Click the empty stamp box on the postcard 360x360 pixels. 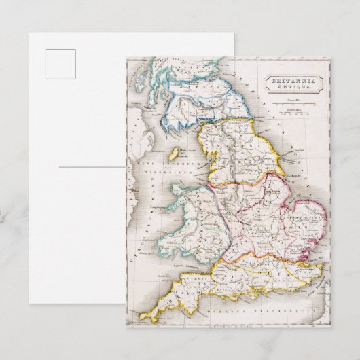pos(60,64)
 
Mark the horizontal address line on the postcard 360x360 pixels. pos(92,166)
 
